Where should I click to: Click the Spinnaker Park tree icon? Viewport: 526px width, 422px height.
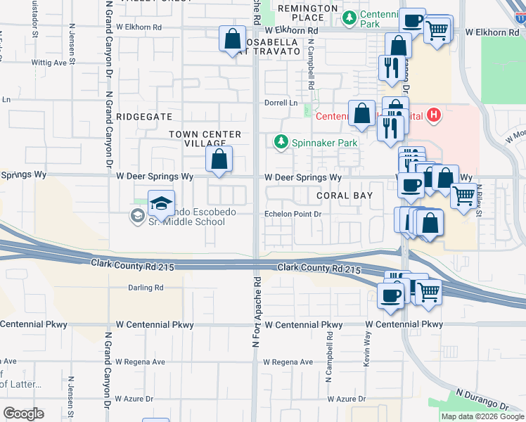click(x=281, y=143)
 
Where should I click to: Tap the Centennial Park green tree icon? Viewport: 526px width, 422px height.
click(x=348, y=17)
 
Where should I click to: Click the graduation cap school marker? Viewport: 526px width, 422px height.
click(x=162, y=204)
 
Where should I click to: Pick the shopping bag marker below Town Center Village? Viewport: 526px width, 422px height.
click(x=219, y=160)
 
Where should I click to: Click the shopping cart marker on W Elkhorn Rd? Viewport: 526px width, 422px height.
click(x=437, y=30)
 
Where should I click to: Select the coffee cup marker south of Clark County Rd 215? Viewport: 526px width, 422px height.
click(x=390, y=296)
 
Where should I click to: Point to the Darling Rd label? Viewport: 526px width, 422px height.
click(x=146, y=288)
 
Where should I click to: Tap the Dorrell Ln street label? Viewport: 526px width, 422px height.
click(x=281, y=103)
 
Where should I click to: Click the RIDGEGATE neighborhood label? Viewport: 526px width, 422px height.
click(x=143, y=116)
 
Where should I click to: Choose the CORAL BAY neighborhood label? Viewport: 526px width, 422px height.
click(x=342, y=195)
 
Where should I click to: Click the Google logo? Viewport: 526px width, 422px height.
click(x=23, y=414)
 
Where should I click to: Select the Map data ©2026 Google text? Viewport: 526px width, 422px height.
click(x=482, y=416)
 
